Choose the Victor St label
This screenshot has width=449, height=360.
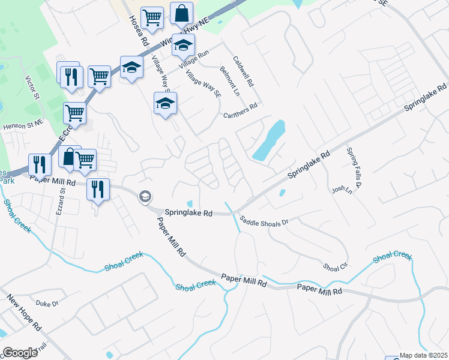click(x=32, y=88)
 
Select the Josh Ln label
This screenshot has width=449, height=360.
click(x=340, y=190)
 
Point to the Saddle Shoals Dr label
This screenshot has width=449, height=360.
click(x=264, y=221)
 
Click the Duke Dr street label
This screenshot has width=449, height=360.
click(x=47, y=304)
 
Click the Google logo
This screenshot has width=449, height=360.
click(x=20, y=352)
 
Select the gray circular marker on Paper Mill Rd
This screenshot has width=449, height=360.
click(x=145, y=196)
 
